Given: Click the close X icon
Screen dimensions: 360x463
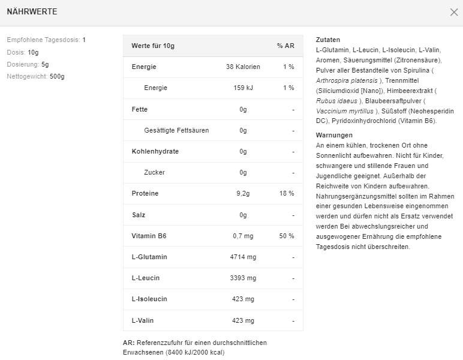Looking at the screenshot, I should coord(454,12).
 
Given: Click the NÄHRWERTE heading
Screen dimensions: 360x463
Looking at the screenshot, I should coord(32,12).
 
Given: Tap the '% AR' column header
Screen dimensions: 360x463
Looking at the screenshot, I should coord(285,46).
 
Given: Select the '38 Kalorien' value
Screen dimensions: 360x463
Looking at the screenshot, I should coord(243,67).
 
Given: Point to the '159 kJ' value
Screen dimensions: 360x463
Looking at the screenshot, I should coord(243,88).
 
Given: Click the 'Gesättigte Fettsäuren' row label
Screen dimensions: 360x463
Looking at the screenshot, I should coord(176,130).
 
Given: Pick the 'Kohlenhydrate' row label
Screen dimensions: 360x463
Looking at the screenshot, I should coord(155,151).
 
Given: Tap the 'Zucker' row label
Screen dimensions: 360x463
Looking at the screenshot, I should coord(154,172).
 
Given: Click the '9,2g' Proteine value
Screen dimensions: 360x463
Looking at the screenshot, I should coord(243,193).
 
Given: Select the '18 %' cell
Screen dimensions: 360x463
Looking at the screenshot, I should coord(287,193).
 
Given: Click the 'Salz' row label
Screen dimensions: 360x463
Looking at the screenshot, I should coord(139,215).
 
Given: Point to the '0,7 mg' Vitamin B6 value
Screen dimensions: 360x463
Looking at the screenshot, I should coord(243,236).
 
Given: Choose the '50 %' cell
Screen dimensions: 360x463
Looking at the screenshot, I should coord(287,236).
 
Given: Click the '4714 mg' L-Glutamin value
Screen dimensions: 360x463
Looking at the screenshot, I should coord(243,257).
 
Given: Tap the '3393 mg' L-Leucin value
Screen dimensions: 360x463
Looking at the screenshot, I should coord(243,278).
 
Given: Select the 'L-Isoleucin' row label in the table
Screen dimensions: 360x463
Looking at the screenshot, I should coord(149,299).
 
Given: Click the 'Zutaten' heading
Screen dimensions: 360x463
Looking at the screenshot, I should coord(328,40).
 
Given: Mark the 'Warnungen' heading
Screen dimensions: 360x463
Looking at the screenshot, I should coord(334,135).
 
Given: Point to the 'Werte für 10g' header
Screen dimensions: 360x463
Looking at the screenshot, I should coord(153,46).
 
